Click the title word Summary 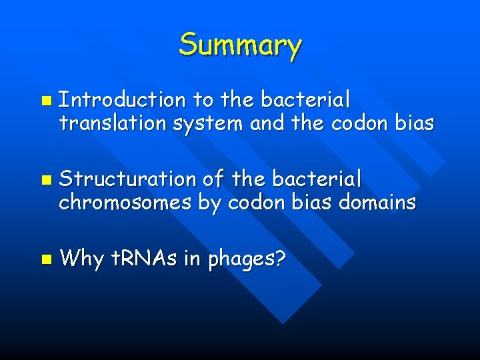pyautogui.click(x=240, y=45)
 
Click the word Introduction pyautogui.click(x=122, y=100)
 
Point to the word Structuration pyautogui.click(x=127, y=179)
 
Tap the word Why pyautogui.click(x=80, y=257)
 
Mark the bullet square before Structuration pyautogui.click(x=45, y=180)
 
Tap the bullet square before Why pyautogui.click(x=45, y=259)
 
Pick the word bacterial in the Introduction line pyautogui.click(x=305, y=100)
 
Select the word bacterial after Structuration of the pyautogui.click(x=317, y=179)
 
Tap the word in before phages pyautogui.click(x=192, y=257)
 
